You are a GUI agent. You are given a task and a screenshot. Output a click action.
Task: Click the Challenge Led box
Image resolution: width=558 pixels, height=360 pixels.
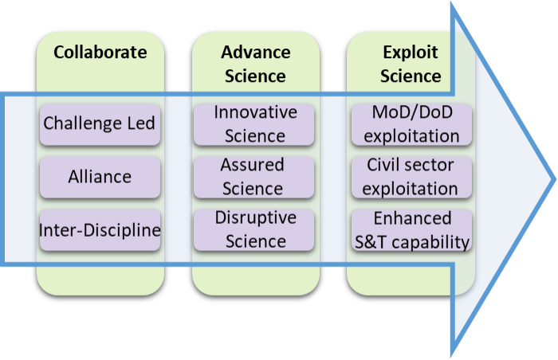point(100,123)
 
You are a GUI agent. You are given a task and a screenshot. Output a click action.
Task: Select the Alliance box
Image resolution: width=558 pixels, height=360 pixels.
point(100,177)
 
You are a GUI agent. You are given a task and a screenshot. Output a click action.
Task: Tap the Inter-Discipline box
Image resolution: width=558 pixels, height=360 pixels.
point(100,230)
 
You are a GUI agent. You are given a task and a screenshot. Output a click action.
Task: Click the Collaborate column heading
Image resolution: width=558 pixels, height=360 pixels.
point(100,53)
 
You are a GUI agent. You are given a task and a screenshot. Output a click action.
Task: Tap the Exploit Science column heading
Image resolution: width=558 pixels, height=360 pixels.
point(411,65)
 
